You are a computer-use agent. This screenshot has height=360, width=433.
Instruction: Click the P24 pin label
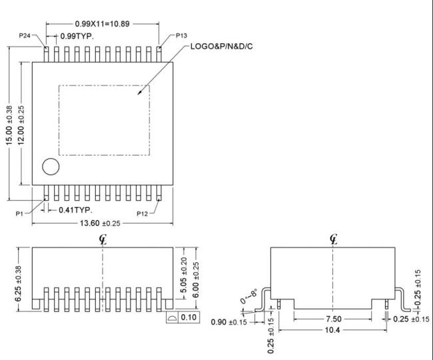pos(25,35)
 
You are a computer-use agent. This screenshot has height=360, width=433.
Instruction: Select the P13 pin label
pos(181,35)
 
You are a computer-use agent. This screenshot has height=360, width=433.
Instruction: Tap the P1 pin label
pos(19,214)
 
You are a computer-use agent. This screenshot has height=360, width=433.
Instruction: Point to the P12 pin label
pos(142,214)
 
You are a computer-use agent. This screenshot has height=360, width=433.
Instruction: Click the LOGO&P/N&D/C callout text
pos(221,47)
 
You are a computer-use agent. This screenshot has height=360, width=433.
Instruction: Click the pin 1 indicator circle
pos(51,166)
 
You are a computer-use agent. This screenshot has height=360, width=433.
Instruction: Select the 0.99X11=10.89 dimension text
pos(102,24)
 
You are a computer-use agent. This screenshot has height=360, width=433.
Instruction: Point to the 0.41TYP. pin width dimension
pos(75,210)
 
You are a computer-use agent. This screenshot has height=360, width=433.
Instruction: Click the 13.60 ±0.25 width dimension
pos(100,223)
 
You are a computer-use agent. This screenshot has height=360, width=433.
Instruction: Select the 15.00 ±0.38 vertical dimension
pos(9,125)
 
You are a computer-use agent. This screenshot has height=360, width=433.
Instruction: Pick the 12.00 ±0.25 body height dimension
pos(21,125)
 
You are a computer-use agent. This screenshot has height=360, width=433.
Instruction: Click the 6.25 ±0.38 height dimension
pos(18,284)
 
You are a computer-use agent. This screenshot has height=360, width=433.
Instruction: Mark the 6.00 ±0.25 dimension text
pos(195,280)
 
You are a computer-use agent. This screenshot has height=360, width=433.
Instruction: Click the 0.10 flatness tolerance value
pos(189,317)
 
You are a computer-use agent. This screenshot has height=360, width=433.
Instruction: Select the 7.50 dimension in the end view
pos(334,319)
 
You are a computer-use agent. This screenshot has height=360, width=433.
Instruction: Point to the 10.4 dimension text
pos(332,330)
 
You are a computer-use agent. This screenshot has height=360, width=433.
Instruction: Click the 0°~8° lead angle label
pos(249,296)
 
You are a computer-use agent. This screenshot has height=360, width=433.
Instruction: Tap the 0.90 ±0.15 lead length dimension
pos(229,322)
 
